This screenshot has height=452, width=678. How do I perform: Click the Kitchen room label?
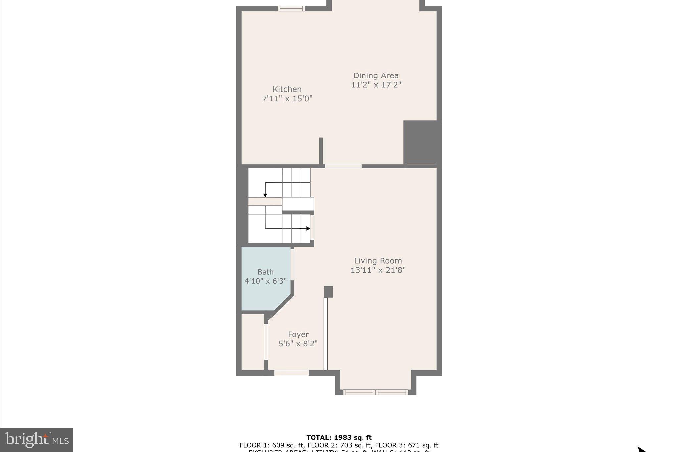point(287,89)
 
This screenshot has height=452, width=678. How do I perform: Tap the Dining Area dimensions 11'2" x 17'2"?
point(376,85)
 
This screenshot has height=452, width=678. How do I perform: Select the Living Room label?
point(378,261)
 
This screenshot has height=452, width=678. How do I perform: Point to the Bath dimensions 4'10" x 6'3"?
point(266,281)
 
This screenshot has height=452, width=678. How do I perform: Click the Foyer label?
point(298,334)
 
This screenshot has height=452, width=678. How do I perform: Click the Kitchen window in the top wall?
point(291,8)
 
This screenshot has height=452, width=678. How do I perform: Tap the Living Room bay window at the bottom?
point(375,392)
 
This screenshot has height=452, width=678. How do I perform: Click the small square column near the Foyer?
point(328,292)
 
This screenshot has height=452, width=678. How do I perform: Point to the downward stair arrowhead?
point(265,195)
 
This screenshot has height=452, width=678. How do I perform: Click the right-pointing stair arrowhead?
point(308,228)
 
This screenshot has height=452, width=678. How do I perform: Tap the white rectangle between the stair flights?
point(298,204)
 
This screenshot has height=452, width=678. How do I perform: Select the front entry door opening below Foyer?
point(291,373)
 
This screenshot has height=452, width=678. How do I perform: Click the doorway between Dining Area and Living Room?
point(343,166)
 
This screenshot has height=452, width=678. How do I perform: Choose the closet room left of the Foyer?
point(253,342)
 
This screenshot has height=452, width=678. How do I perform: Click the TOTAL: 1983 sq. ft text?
point(339,438)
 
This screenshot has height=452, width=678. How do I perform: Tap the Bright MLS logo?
point(37,440)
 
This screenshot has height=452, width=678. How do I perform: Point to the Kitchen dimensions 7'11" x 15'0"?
point(287,99)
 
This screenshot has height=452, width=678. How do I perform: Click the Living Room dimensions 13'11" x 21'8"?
point(378,270)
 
